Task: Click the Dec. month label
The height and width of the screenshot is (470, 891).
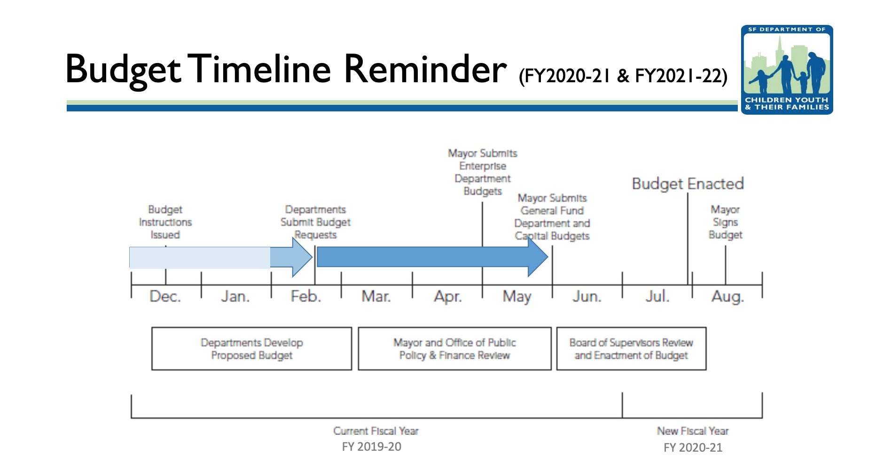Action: pos(165,297)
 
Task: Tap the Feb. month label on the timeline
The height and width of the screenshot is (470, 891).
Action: pos(305,297)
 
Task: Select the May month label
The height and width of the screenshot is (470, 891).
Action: pos(516,297)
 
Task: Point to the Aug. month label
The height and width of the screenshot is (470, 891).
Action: pos(727,297)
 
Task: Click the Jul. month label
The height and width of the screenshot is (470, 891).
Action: pos(657,297)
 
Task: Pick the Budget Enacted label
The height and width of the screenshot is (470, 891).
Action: pos(688,184)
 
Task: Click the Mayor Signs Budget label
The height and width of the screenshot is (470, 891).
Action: pos(725,222)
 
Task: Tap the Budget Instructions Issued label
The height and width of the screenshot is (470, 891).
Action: pos(165,222)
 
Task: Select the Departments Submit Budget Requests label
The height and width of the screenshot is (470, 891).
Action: pos(315,222)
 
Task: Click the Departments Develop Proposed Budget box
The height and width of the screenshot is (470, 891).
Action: pos(251,349)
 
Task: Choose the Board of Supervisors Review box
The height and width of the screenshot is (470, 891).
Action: pos(631,349)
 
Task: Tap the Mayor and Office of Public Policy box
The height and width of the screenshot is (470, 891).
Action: pos(454,349)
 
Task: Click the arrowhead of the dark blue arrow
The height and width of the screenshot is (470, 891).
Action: pos(539,257)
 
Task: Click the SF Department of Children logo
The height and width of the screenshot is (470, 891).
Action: pos(787,70)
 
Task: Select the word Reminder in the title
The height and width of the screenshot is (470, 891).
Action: pos(425,70)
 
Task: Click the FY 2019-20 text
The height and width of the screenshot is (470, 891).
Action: pos(371,446)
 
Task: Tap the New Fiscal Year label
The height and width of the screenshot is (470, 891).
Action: pos(693,431)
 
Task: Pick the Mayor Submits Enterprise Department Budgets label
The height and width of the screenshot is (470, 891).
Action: pos(483,172)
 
